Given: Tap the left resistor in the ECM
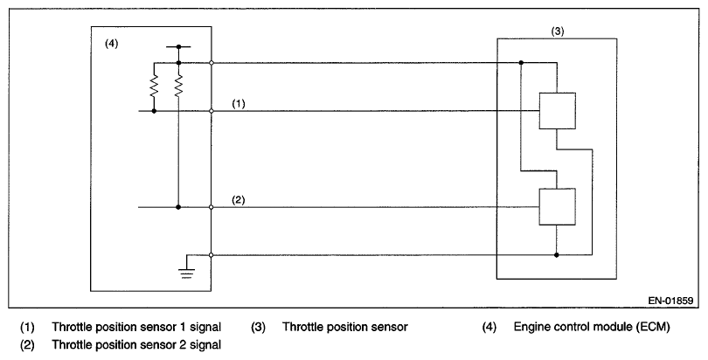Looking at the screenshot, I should point(154,87).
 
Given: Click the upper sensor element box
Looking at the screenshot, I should point(557,111).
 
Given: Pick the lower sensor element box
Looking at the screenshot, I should point(557,207).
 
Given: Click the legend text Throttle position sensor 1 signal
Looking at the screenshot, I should point(134,329).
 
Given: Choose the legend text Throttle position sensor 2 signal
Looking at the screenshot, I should point(134,344).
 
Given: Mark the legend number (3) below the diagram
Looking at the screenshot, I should point(259,329).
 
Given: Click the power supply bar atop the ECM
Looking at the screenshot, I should point(178,45).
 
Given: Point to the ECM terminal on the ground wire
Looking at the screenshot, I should point(212,255).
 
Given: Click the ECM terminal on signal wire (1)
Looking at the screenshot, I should point(212,111).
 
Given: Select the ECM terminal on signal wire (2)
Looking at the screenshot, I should point(212,207).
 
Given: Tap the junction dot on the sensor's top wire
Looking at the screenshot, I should point(521,63).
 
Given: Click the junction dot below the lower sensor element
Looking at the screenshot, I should point(557,255).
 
